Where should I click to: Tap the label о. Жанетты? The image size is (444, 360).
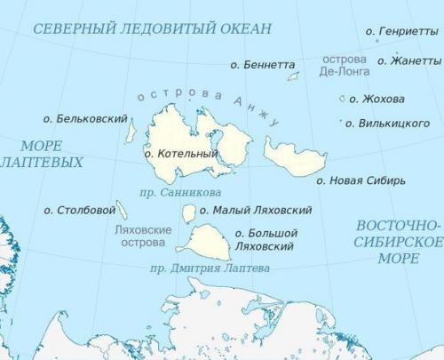(x=410, y=60)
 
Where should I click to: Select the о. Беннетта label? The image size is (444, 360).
(x=262, y=65)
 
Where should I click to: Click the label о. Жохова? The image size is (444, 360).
(x=377, y=99)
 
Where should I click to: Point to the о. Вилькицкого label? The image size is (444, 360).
(x=388, y=123)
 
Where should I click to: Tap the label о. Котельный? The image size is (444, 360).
(x=181, y=154)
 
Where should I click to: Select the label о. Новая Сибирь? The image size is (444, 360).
(x=361, y=180)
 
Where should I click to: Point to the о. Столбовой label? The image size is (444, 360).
(x=80, y=211)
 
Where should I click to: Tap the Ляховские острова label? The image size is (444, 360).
(x=144, y=236)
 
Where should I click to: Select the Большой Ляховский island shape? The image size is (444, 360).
(x=206, y=242)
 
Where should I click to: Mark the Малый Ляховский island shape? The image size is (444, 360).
(x=188, y=212)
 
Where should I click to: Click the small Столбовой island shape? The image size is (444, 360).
(x=122, y=210)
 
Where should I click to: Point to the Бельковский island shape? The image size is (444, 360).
(x=131, y=132)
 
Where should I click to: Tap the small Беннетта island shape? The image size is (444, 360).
(x=292, y=76)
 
